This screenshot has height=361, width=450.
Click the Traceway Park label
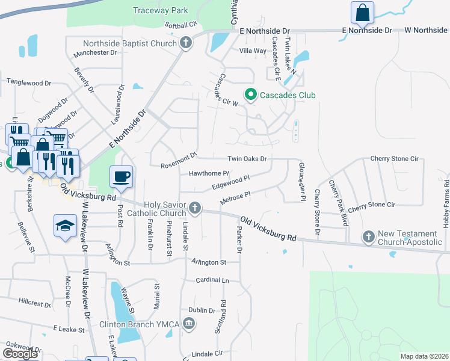tap(161, 10)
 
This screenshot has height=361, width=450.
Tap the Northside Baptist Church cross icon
tap(186, 43)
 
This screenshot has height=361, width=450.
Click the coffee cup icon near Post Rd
tap(121, 176)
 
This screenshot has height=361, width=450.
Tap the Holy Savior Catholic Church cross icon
tap(194, 208)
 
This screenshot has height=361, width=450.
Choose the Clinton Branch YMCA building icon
tap(190, 325)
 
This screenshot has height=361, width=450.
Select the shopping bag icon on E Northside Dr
tap(363, 12)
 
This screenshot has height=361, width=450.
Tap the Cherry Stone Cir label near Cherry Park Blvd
tap(371, 205)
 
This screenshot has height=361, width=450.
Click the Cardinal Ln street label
tap(213, 280)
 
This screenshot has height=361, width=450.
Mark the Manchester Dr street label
tap(95, 53)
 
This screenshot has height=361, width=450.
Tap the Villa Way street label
tap(253, 51)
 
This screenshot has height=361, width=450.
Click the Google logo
tap(19, 354)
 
